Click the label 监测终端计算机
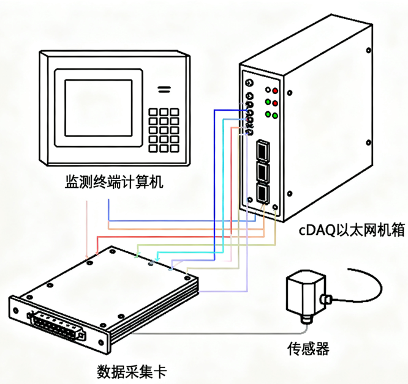pos(115,182)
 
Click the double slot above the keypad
pos(163,89)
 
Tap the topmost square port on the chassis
pos(262,149)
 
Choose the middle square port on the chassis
pos(262,171)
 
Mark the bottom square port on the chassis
pos(263,191)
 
